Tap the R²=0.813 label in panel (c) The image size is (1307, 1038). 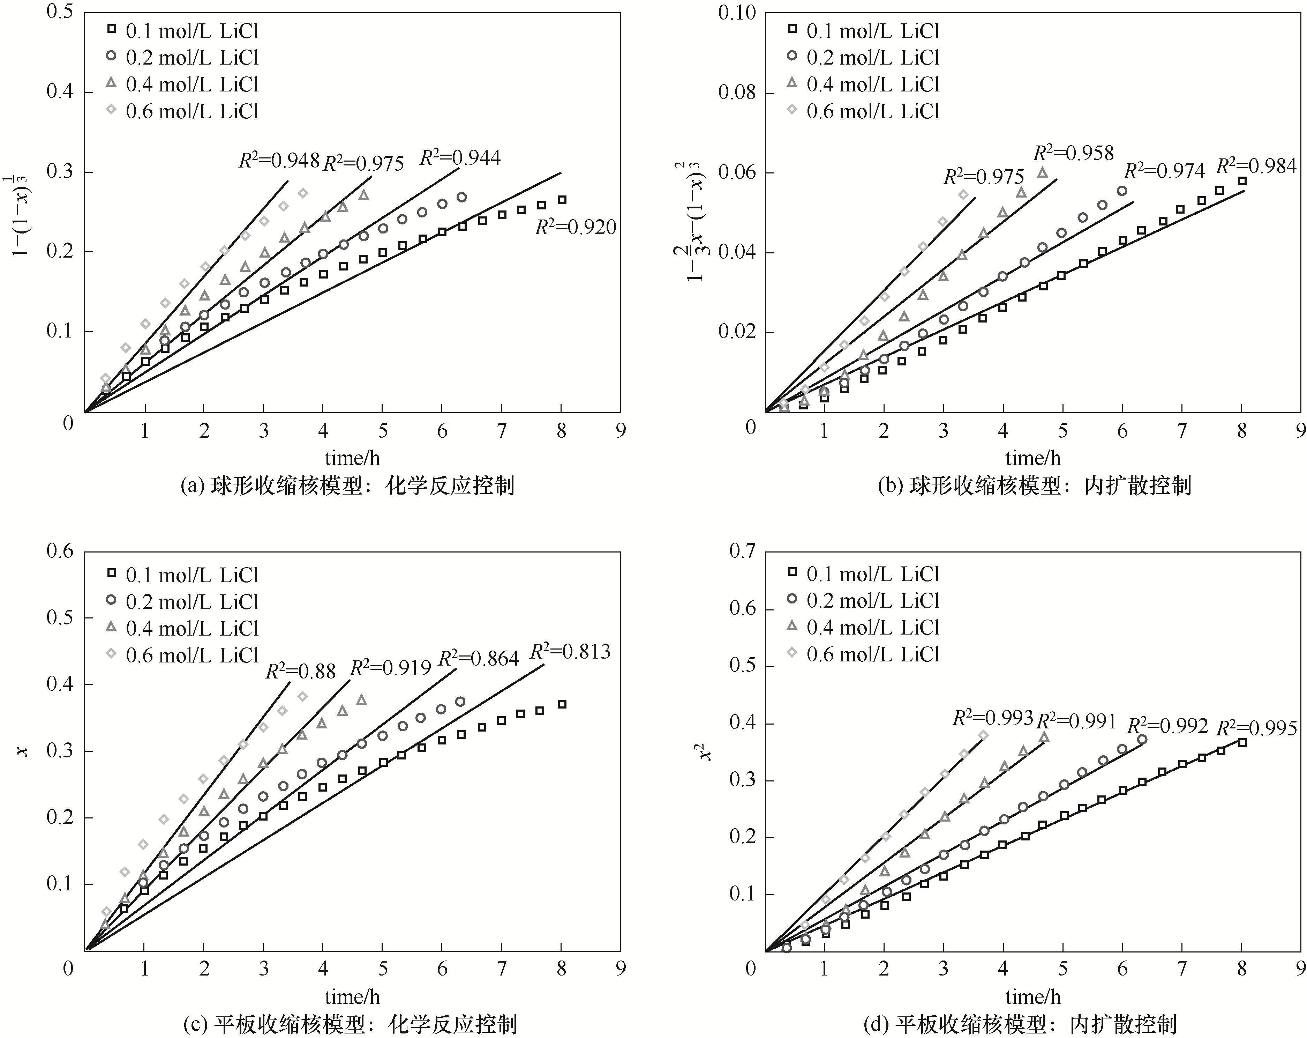(570, 652)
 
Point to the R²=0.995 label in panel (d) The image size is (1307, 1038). (1257, 727)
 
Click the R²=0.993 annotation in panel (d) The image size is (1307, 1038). (992, 718)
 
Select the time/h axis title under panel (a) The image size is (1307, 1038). (352, 458)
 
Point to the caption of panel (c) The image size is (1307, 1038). (350, 1025)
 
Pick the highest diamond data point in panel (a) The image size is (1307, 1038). (303, 193)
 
